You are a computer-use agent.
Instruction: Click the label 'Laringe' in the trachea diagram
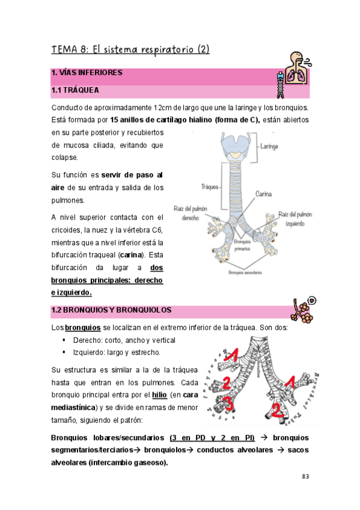[x=269, y=146]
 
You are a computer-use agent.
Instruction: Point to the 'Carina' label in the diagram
[x=265, y=194]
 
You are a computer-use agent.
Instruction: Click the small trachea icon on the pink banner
[x=279, y=85]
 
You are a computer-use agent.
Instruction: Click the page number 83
[x=305, y=476]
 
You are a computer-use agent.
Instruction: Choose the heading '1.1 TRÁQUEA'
[x=75, y=91]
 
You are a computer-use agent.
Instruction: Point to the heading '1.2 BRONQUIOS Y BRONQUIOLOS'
[x=111, y=310]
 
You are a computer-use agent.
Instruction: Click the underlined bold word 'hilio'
[x=159, y=395]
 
